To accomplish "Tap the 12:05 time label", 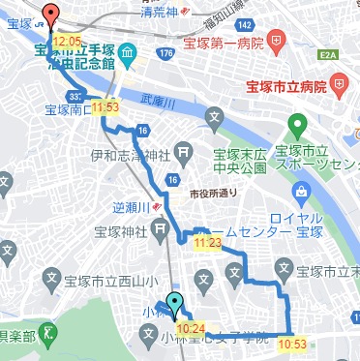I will pyautogui.click(x=67, y=42).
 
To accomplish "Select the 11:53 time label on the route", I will pyautogui.click(x=105, y=106).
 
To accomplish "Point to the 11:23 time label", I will pyautogui.click(x=207, y=243).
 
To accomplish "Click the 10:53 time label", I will pyautogui.click(x=291, y=342).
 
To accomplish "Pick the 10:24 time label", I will pyautogui.click(x=191, y=328).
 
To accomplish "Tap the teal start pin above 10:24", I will pyautogui.click(x=174, y=304).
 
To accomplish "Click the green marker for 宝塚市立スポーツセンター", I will pyautogui.click(x=298, y=126).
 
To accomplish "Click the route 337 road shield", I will pyautogui.click(x=75, y=95).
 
